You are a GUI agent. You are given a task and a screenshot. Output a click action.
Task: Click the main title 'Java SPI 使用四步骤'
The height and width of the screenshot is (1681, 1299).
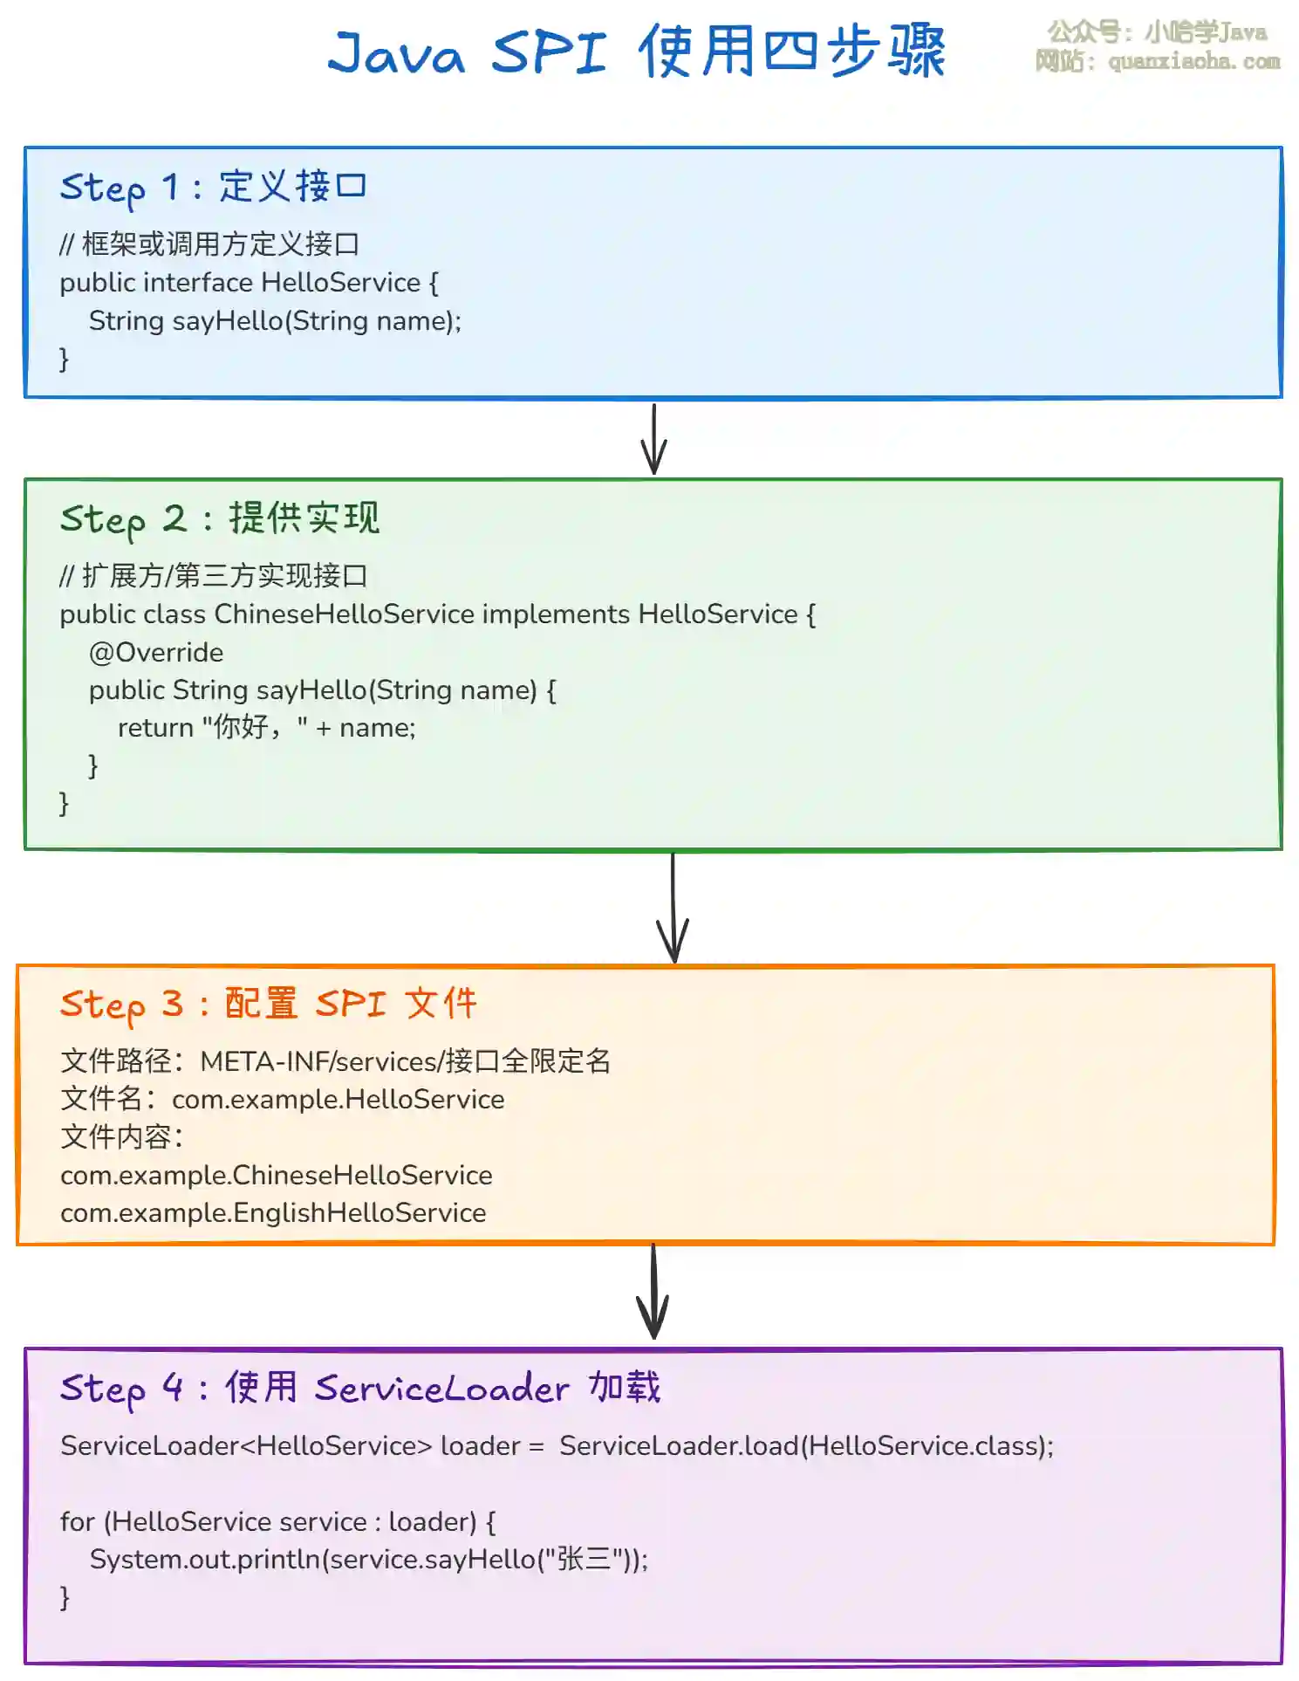[x=636, y=51]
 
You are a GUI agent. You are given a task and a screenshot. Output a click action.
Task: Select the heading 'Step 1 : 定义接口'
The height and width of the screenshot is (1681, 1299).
[x=213, y=187]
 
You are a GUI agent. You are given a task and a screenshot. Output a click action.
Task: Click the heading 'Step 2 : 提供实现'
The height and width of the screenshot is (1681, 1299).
[x=219, y=518]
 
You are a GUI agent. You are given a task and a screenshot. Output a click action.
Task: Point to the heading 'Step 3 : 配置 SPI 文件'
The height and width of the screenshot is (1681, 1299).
[x=268, y=1004]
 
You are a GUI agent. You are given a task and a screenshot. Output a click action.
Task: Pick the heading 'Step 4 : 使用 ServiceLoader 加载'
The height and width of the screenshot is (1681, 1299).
[x=359, y=1387]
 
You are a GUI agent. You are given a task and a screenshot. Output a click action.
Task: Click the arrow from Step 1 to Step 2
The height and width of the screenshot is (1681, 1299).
[x=653, y=439]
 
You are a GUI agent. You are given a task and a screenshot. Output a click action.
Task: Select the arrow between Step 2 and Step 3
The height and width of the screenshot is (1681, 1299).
[x=673, y=908]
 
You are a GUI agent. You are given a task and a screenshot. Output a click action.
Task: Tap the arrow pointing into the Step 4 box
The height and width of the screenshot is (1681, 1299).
[x=653, y=1293]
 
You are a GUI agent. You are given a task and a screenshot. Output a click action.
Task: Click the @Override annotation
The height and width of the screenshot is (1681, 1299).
[x=156, y=652]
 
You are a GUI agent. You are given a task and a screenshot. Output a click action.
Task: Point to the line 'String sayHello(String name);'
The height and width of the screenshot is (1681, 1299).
[x=275, y=321]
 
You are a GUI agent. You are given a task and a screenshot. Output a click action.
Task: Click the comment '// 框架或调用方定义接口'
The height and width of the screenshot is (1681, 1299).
[x=209, y=244]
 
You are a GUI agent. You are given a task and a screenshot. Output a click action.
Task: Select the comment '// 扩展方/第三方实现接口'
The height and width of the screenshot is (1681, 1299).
[x=214, y=576]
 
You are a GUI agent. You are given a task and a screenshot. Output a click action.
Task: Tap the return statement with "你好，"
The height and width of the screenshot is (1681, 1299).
[x=266, y=727]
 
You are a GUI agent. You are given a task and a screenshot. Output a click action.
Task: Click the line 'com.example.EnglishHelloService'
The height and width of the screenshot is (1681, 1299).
[x=273, y=1213]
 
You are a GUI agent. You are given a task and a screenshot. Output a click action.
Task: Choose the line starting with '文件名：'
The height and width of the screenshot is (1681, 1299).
[x=282, y=1099]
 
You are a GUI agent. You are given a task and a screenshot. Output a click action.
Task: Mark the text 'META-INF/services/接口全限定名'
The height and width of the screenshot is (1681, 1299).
[x=405, y=1061]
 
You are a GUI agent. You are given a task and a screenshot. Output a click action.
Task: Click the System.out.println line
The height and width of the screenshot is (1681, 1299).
[x=369, y=1559]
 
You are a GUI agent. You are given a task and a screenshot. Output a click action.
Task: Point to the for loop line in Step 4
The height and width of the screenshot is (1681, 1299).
[x=277, y=1521]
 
